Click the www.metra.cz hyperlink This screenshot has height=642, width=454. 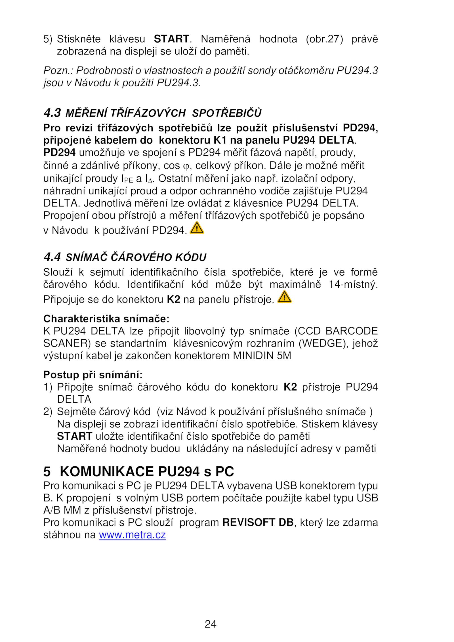pyautogui.click(x=132, y=535)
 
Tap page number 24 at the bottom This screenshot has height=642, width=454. pyautogui.click(x=211, y=624)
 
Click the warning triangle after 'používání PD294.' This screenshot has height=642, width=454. pyautogui.click(x=197, y=228)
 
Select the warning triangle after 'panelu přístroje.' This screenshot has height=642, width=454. pyautogui.click(x=284, y=297)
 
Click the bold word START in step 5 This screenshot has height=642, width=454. pyautogui.click(x=171, y=39)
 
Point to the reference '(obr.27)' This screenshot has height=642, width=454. pyautogui.click(x=324, y=39)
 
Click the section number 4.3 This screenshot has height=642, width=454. pyautogui.click(x=52, y=113)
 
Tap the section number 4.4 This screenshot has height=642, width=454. pyautogui.click(x=52, y=257)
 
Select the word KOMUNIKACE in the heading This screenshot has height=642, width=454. pyautogui.click(x=107, y=472)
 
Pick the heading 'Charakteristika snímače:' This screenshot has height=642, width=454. pyautogui.click(x=106, y=319)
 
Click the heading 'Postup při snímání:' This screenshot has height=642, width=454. pyautogui.click(x=93, y=375)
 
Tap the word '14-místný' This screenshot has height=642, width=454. pyautogui.click(x=353, y=284)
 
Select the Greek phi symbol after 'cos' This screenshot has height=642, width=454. pyautogui.click(x=186, y=166)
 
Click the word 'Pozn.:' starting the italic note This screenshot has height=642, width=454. pyautogui.click(x=58, y=70)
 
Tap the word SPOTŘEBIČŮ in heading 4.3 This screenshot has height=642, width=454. pyautogui.click(x=227, y=113)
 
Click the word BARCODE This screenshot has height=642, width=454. pyautogui.click(x=352, y=331)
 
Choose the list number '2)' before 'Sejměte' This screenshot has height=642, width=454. pyautogui.click(x=48, y=412)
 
